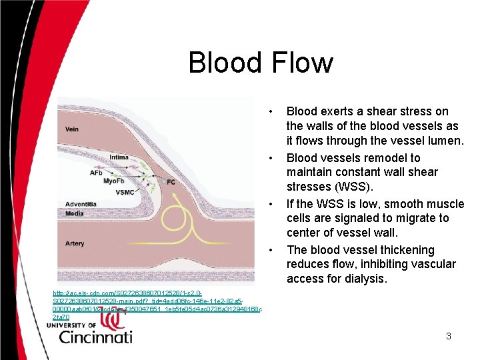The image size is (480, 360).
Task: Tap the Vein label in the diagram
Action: [x=72, y=129]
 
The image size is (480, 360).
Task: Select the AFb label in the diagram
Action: [x=96, y=172]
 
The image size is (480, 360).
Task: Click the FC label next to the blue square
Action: [x=172, y=181]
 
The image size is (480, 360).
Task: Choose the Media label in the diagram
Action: [x=75, y=213]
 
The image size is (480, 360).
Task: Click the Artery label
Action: [x=75, y=243]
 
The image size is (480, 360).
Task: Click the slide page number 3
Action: [x=449, y=336]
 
